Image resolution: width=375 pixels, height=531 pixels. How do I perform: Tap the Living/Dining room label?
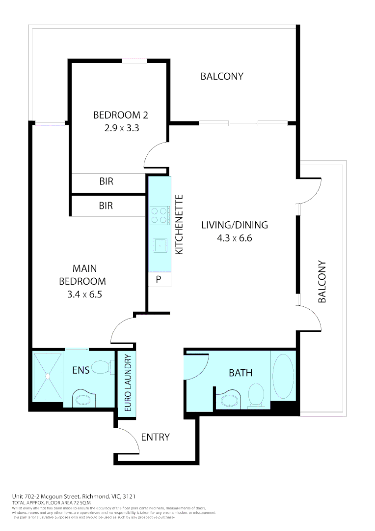pos(235,225)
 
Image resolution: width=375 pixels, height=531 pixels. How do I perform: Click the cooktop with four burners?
pos(160,215)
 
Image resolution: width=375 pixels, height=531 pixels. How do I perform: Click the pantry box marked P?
pos(159,279)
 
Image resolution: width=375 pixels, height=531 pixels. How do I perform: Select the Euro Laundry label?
pos(127,383)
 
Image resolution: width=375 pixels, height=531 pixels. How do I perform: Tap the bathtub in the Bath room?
pos(283,377)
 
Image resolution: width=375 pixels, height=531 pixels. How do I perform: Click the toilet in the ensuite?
pos(104,367)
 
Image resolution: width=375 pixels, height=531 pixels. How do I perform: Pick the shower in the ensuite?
pos(48,376)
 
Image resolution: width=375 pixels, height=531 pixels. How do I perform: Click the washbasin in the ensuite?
pos(82,399)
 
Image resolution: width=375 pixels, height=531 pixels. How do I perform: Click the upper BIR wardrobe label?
pos(106,181)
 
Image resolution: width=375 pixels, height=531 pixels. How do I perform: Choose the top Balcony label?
pos(222,76)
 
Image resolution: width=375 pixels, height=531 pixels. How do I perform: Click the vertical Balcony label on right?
pos(322,281)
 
